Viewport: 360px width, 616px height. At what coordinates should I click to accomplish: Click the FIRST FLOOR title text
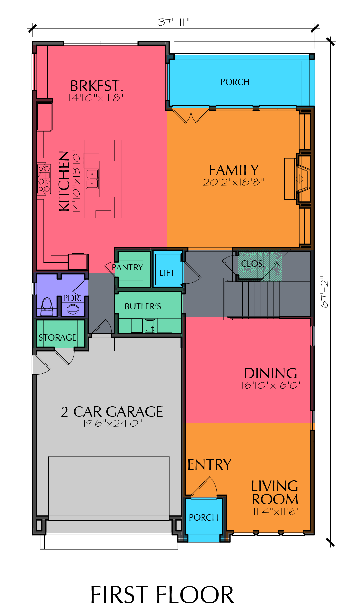(162, 595)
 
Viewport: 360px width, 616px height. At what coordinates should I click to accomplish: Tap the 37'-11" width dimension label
(173, 22)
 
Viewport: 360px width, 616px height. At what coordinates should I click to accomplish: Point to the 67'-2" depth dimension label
(324, 292)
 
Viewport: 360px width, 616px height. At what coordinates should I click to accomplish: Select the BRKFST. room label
(97, 86)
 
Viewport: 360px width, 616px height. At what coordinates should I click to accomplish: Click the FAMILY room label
(234, 170)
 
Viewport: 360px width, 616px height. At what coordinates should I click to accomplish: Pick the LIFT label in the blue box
(167, 273)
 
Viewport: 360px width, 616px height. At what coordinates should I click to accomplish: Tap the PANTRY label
(127, 267)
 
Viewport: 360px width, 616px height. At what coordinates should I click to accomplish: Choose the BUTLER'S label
(143, 306)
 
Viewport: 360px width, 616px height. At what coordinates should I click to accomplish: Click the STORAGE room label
(57, 337)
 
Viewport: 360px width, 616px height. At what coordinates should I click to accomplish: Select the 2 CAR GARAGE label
(112, 412)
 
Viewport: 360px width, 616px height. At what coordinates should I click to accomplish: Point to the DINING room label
(270, 373)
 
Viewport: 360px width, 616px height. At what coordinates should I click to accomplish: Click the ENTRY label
(209, 465)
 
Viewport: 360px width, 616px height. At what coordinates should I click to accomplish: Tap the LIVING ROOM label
(275, 493)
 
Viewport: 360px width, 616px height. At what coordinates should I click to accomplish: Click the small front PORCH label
(203, 517)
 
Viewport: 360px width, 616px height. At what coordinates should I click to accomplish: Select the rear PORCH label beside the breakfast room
(235, 82)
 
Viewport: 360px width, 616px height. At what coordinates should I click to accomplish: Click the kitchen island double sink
(92, 179)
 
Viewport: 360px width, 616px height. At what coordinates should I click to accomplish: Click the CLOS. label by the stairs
(253, 264)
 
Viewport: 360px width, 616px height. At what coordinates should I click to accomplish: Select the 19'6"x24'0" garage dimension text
(113, 423)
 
